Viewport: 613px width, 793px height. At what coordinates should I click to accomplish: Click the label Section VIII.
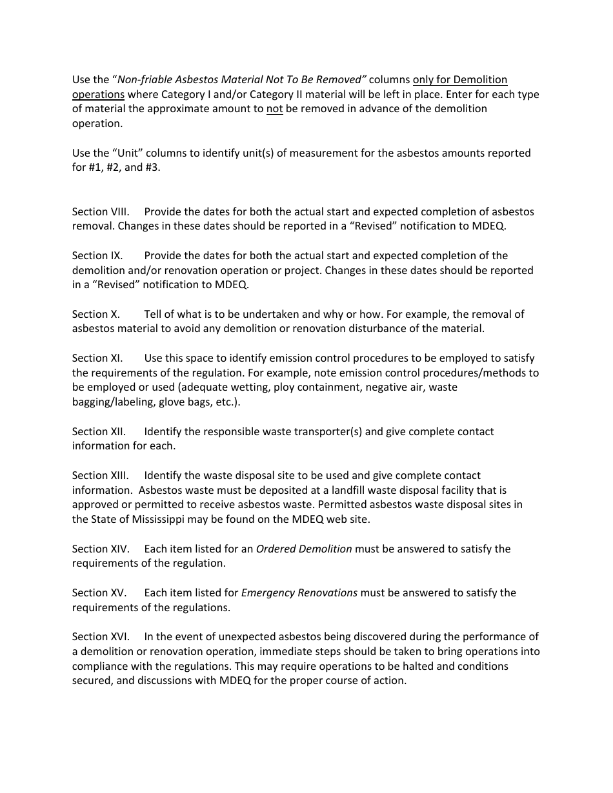pos(101,212)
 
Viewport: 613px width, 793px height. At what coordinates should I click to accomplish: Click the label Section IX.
pos(97,256)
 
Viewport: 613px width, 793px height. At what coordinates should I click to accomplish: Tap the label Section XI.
pos(97,358)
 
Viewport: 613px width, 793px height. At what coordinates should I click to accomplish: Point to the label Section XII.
pos(99,432)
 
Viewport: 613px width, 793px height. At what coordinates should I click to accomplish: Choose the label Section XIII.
pos(101,476)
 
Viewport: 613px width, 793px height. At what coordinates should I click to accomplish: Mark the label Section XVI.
pos(101,637)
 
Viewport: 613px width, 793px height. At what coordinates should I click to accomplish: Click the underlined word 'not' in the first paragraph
pos(275,109)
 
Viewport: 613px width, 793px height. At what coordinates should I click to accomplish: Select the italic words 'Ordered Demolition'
pos(304,549)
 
